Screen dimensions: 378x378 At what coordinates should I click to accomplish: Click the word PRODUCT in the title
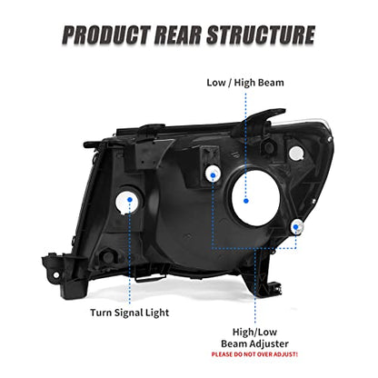click(105, 35)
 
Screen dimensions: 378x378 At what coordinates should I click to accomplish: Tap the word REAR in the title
click(178, 35)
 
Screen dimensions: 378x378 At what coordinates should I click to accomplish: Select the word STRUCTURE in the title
click(261, 35)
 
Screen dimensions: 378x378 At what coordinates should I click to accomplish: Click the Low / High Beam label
click(245, 83)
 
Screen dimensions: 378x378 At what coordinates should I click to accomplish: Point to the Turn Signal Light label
click(130, 313)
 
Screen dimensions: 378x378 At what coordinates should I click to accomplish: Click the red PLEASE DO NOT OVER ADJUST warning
click(254, 354)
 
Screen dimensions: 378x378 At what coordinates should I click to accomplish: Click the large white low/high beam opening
click(255, 196)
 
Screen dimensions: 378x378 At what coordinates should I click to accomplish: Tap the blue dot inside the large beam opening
click(246, 201)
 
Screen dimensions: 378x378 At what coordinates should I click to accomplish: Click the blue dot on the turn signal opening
click(130, 199)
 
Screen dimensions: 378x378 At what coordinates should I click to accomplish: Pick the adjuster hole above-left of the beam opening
click(213, 174)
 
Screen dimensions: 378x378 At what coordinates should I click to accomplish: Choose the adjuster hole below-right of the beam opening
click(296, 227)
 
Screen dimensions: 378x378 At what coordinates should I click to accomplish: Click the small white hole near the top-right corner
click(296, 153)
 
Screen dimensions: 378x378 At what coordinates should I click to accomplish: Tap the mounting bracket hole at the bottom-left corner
click(55, 275)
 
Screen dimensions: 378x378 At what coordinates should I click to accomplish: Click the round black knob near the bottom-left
click(108, 256)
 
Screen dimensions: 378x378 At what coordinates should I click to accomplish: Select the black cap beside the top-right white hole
click(268, 147)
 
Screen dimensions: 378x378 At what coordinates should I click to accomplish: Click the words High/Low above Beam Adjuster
click(254, 332)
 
